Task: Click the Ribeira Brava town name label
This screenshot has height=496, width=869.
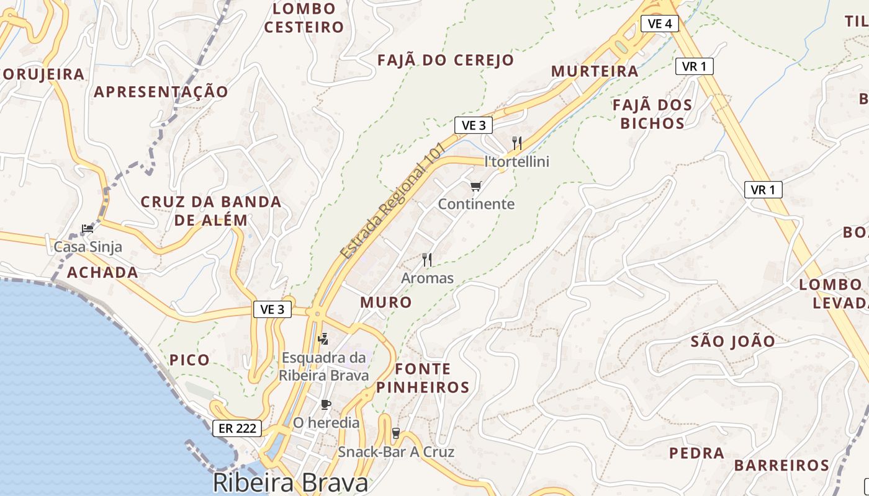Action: (x=290, y=483)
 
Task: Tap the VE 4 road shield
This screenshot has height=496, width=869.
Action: (x=659, y=24)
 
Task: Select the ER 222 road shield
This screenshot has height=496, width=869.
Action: (x=236, y=428)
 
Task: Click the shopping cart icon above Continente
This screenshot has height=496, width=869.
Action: (x=476, y=186)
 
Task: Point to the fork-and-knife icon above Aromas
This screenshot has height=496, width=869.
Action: (x=427, y=259)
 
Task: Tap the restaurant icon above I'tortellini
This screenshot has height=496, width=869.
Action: (x=517, y=143)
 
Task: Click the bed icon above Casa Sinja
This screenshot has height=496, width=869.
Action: (x=88, y=228)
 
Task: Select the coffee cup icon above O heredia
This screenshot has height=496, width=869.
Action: (x=325, y=405)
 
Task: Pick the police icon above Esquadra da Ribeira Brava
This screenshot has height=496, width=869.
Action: (x=323, y=339)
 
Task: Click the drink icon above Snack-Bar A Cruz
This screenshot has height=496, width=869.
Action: (x=395, y=433)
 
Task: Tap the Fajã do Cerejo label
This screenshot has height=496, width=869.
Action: (x=446, y=60)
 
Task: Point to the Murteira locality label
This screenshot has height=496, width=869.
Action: (x=595, y=71)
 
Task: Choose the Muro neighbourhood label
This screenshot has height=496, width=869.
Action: (x=386, y=303)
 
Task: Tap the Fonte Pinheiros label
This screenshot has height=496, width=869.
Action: (x=423, y=378)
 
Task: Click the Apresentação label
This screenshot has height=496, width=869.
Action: (x=161, y=92)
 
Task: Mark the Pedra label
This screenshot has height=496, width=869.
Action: (x=696, y=453)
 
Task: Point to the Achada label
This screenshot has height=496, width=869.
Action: (x=102, y=272)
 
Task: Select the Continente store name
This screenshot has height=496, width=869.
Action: (x=476, y=204)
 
